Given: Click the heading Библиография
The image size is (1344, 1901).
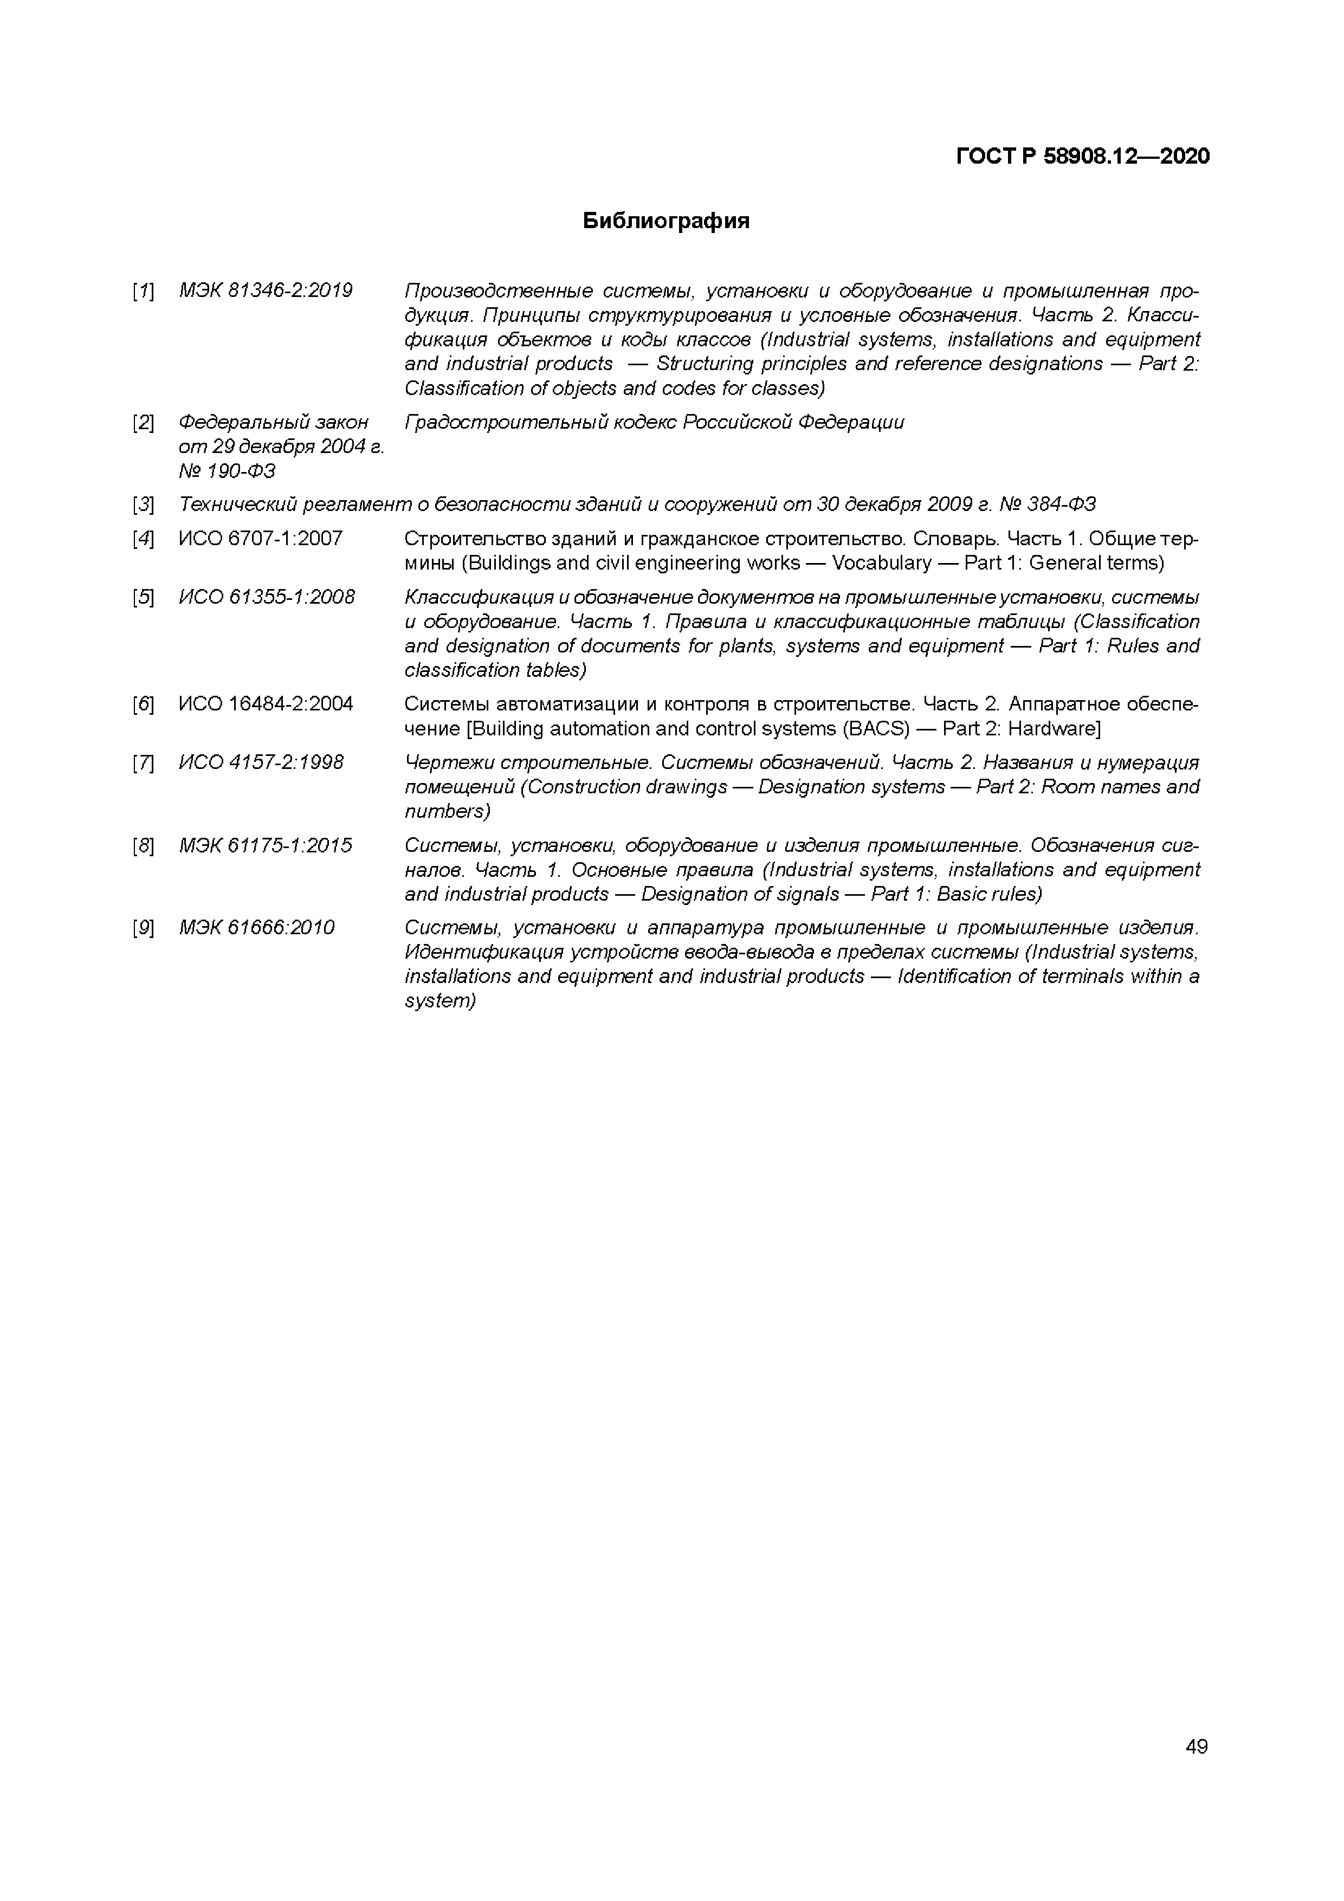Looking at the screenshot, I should pyautogui.click(x=666, y=221).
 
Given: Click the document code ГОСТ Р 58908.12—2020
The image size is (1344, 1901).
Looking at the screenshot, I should pyautogui.click(x=1082, y=156).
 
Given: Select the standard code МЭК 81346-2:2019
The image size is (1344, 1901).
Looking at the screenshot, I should pyautogui.click(x=265, y=290).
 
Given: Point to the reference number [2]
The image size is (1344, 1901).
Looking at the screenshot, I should pyautogui.click(x=143, y=423).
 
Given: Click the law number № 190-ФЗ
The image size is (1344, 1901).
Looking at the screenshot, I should pyautogui.click(x=227, y=471).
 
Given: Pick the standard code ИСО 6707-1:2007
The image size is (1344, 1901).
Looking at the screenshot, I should pyautogui.click(x=260, y=539).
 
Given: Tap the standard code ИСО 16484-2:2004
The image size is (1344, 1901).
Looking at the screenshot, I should pyautogui.click(x=265, y=704).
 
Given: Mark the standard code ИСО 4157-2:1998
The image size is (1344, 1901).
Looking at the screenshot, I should pyautogui.click(x=261, y=762).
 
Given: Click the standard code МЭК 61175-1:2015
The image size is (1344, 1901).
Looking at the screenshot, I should pyautogui.click(x=265, y=845).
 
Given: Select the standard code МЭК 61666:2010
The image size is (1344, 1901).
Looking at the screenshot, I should pyautogui.click(x=257, y=927).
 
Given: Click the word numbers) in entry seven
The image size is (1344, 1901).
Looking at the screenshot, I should pyautogui.click(x=447, y=811).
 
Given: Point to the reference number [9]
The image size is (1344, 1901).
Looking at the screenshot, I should pyautogui.click(x=143, y=928).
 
